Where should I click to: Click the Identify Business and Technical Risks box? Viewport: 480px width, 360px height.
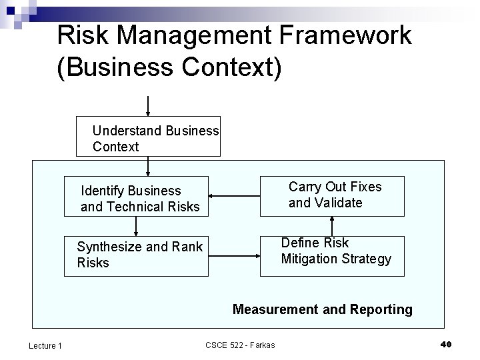point(136,198)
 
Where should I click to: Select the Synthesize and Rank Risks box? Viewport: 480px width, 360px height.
point(136,255)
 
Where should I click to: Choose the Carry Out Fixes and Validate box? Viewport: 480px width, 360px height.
point(331,195)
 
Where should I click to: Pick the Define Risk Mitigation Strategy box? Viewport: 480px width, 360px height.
point(331,255)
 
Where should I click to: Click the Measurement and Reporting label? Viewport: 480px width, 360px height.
point(322,309)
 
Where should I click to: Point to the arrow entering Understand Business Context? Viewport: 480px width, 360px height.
point(147,107)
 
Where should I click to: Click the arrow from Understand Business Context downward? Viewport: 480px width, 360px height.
point(147,166)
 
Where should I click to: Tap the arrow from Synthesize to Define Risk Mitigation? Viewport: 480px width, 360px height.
point(233,255)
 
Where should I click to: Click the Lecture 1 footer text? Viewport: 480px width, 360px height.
point(45,345)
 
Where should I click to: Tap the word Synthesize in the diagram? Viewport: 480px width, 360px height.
point(109,247)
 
